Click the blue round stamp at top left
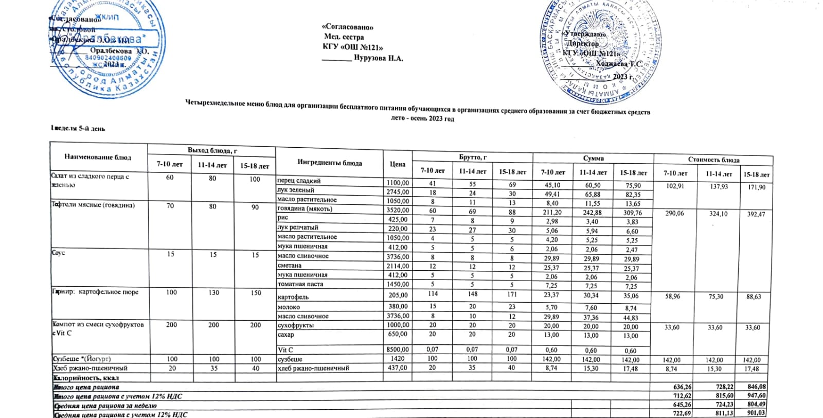108,49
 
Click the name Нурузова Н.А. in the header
378,58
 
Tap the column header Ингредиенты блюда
329,163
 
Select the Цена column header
397,164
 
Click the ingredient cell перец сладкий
299,181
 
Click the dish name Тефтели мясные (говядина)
93,205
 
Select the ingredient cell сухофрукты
295,325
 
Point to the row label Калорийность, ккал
86,377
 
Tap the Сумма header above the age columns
593,159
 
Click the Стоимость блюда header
713,160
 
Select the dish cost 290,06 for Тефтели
675,213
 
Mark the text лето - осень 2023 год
422,119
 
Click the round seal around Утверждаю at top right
597,51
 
